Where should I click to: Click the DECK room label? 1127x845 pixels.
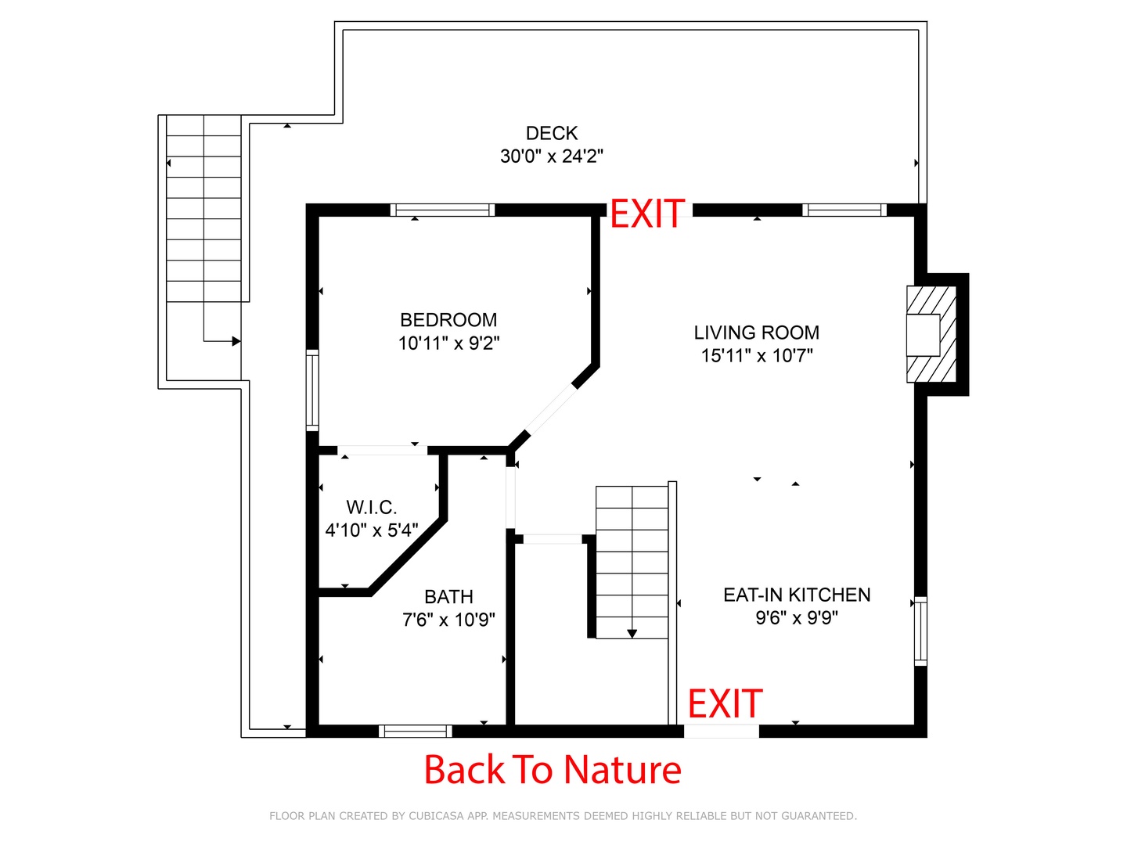point(552,133)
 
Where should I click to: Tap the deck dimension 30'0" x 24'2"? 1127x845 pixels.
point(552,156)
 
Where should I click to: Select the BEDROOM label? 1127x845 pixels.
point(448,320)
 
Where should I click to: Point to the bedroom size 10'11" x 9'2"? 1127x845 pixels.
point(448,343)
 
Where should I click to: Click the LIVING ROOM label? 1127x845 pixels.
point(756,333)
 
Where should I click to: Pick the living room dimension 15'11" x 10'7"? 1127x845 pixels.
point(757,355)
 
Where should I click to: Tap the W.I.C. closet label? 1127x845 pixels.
point(371,508)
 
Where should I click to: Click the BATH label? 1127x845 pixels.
point(448,597)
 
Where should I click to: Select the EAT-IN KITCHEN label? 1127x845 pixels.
point(797,595)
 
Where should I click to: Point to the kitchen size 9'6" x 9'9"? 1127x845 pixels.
point(797,617)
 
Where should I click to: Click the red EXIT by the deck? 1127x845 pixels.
point(647,214)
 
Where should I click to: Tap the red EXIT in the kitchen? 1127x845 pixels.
point(725,703)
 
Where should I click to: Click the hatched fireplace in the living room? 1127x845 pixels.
point(931,334)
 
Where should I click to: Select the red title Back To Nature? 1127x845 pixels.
point(553,770)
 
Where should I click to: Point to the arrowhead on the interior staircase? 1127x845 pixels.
point(632,634)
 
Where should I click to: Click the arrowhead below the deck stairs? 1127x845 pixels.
point(236,341)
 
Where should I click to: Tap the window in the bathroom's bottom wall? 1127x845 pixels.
point(416,731)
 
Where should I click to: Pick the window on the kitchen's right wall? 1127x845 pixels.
point(920,631)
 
